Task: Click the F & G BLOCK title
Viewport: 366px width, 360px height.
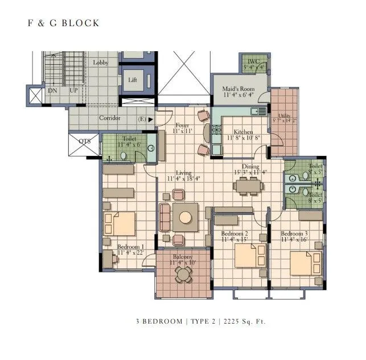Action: coord(64,23)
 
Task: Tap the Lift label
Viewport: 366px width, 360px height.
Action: coord(133,80)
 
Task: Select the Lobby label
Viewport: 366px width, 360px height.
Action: coord(101,62)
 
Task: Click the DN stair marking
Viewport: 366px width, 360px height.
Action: coord(52,90)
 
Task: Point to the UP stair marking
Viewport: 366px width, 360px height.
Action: coord(73,90)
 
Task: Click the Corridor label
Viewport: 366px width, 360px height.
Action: coord(109,118)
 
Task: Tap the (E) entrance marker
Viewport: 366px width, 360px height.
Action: coord(142,119)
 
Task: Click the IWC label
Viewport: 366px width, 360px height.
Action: coord(253,61)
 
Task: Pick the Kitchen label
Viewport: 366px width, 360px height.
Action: coord(240,132)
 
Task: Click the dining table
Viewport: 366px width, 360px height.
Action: coord(248,185)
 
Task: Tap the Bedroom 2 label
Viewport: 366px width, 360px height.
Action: coord(235,233)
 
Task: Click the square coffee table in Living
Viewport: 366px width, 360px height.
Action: coord(186,216)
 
